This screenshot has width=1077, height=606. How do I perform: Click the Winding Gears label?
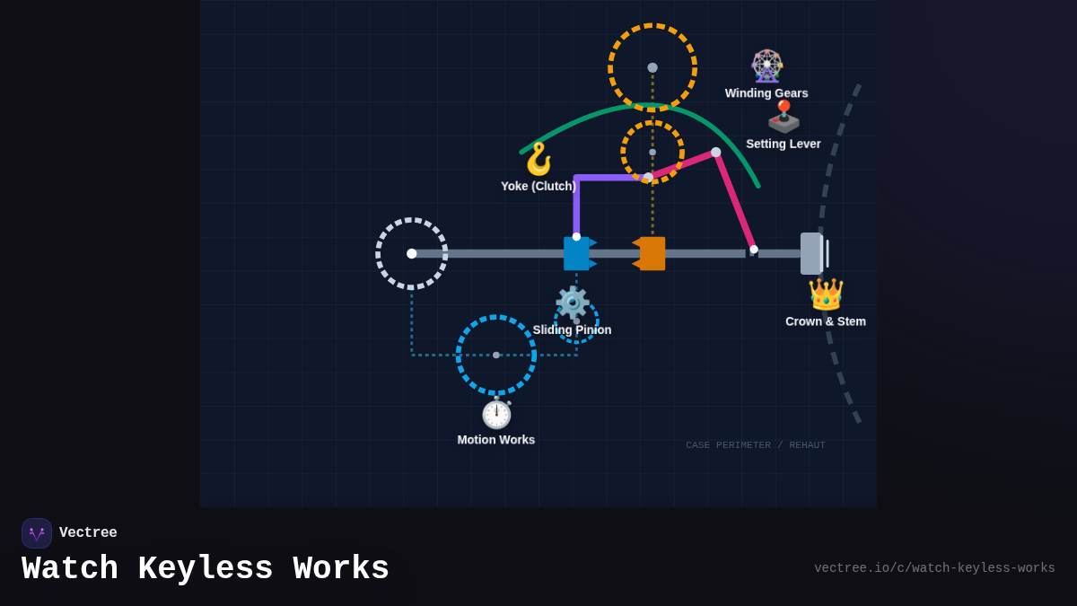coord(766,93)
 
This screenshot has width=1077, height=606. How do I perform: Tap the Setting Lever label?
coord(783,144)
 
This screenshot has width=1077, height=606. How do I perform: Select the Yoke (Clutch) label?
coord(538,186)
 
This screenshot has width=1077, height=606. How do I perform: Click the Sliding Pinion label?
coord(572,329)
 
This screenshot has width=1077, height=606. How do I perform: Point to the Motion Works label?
coord(495,440)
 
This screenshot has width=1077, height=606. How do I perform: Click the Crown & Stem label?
coord(825,321)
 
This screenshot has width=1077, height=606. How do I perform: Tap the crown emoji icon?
coord(826,294)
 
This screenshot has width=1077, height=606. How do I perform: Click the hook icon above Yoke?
coord(538,159)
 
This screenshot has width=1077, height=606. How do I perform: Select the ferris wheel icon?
coord(766,66)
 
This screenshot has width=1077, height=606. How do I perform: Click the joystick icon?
coord(784,117)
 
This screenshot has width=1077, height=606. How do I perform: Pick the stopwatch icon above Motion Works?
coord(496,413)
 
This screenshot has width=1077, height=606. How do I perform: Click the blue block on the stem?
coord(576,253)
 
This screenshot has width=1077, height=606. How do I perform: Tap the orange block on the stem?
coord(652,253)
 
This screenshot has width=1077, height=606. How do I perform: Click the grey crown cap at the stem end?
coord(811,253)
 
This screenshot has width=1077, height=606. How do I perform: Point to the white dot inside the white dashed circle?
coord(412,253)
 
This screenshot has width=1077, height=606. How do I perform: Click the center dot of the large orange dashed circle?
coord(652,67)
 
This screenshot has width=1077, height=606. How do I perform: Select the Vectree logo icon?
coord(37,533)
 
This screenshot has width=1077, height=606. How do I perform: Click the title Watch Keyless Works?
coord(206,569)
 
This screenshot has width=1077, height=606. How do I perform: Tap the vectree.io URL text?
coord(934,568)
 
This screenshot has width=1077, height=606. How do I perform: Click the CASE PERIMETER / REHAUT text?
coord(756,445)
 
